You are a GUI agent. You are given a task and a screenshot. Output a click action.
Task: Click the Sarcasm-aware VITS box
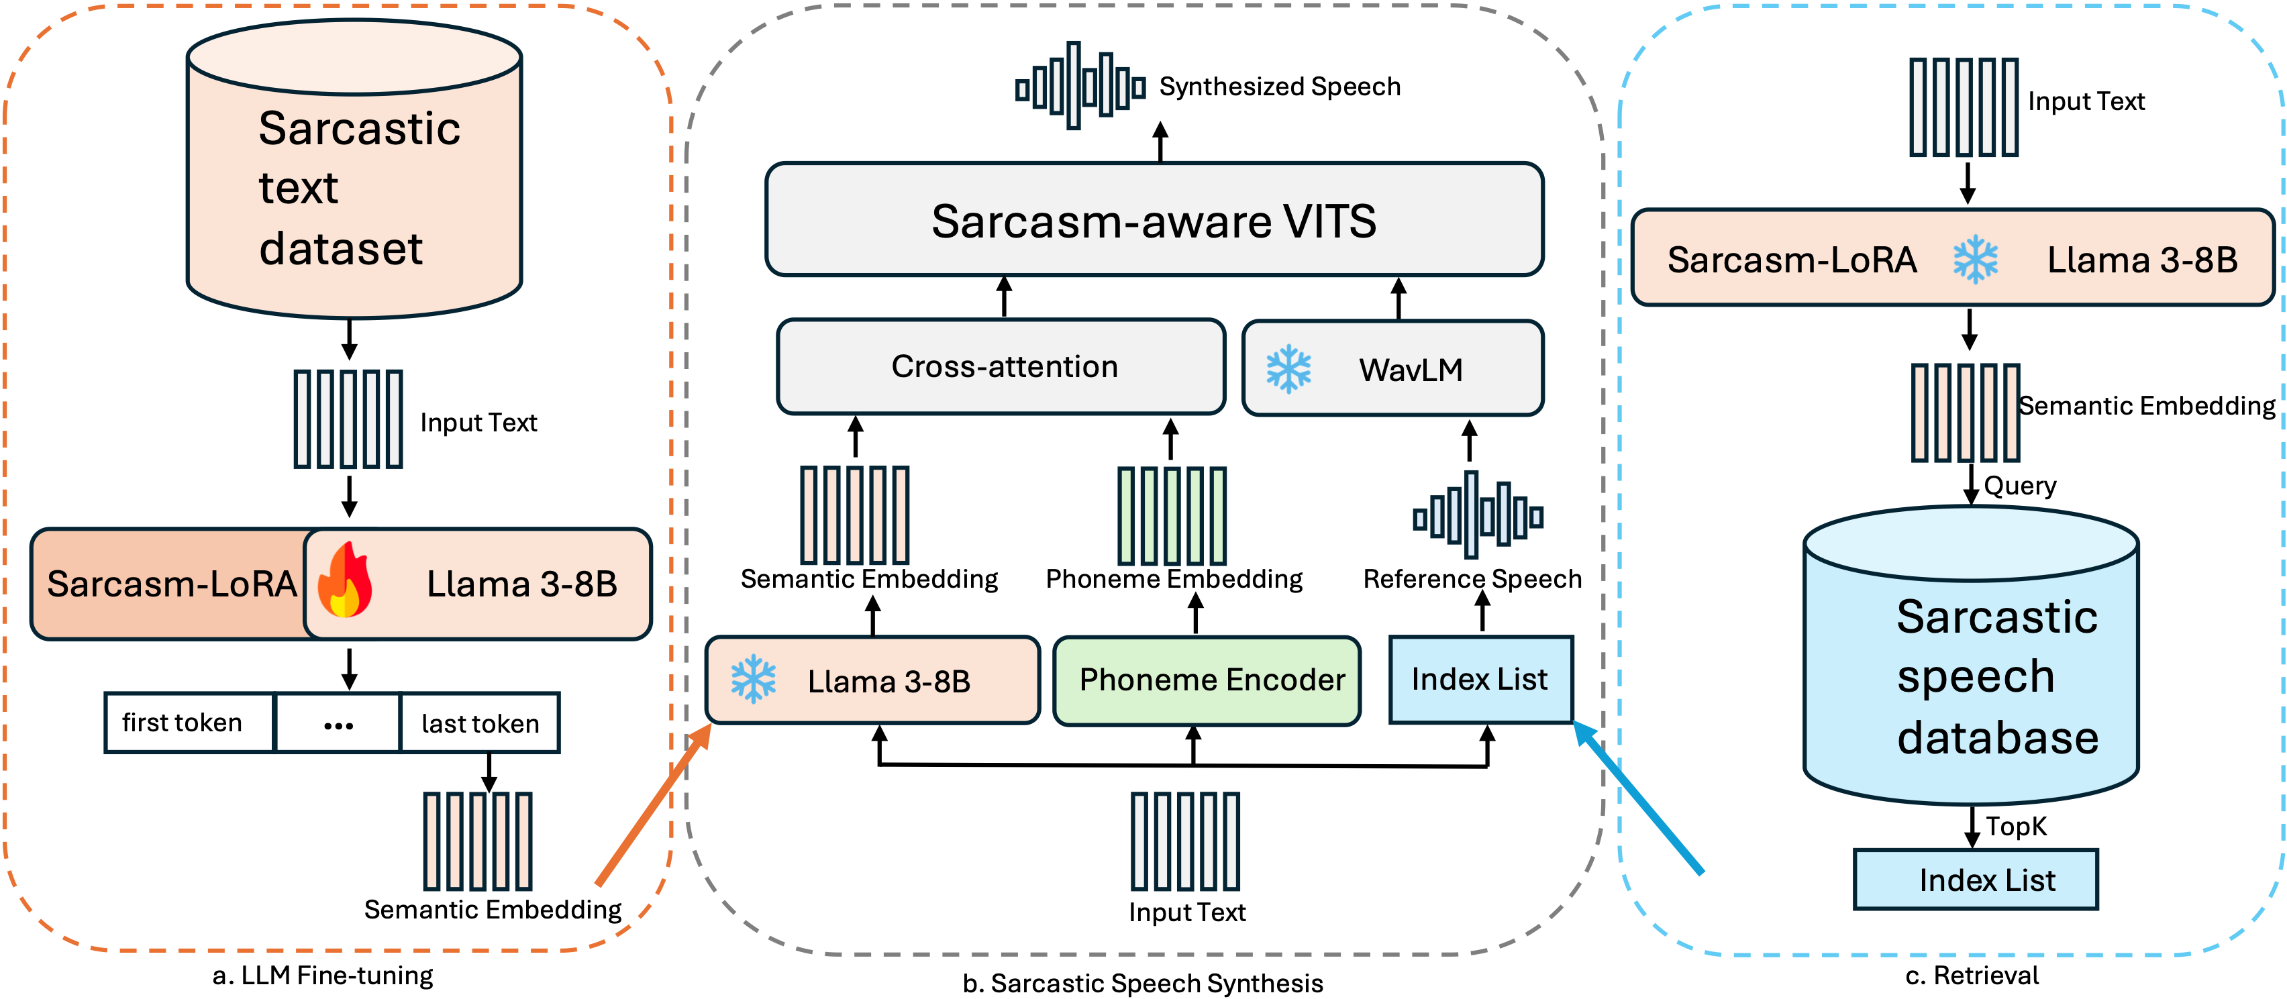click(x=1154, y=219)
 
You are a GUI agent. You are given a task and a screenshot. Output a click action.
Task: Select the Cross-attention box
click(x=1001, y=367)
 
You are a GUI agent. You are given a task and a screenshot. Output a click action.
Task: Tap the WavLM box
click(x=1392, y=368)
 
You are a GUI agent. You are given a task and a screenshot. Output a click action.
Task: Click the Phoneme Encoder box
click(x=1207, y=680)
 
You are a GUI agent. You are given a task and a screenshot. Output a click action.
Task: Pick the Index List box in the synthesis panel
click(x=1480, y=680)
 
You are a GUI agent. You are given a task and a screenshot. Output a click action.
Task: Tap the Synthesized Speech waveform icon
click(x=1080, y=86)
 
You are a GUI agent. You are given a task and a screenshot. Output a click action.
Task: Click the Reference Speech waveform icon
click(x=1477, y=515)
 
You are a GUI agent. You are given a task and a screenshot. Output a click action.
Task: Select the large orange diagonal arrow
click(x=652, y=804)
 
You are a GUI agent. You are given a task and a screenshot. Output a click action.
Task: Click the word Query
click(x=2020, y=486)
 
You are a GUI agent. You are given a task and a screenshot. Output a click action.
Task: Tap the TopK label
click(x=2015, y=827)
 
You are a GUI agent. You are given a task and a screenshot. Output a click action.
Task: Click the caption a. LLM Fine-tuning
click(x=322, y=975)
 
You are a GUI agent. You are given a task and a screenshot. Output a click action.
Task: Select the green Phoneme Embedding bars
click(x=1171, y=516)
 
